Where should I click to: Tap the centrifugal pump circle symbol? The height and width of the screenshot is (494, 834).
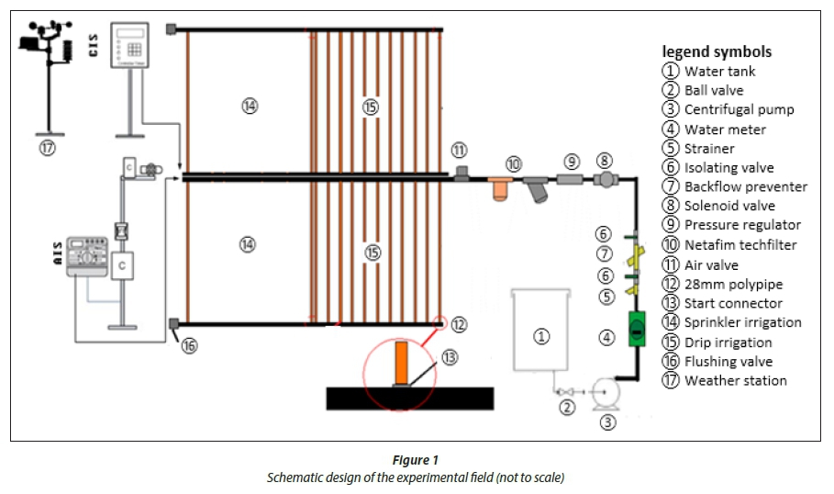(605, 392)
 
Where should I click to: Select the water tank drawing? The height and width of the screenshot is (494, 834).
(541, 331)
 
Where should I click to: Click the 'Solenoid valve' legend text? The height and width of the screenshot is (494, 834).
(729, 206)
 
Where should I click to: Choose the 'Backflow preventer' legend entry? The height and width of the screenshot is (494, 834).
(745, 186)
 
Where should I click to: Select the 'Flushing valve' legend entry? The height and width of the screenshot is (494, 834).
(728, 361)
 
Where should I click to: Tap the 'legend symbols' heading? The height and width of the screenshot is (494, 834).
(717, 51)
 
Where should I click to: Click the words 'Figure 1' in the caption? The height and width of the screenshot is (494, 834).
(417, 459)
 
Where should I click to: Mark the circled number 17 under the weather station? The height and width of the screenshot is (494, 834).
(48, 147)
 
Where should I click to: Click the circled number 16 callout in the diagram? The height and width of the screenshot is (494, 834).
(188, 345)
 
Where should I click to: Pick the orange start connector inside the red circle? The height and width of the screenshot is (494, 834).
(401, 363)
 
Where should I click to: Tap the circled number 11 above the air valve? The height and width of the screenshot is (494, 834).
(459, 150)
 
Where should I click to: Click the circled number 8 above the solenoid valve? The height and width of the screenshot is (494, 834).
(605, 161)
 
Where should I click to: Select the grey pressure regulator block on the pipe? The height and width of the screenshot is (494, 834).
(571, 179)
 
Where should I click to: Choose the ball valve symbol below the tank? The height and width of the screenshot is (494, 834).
(566, 392)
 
